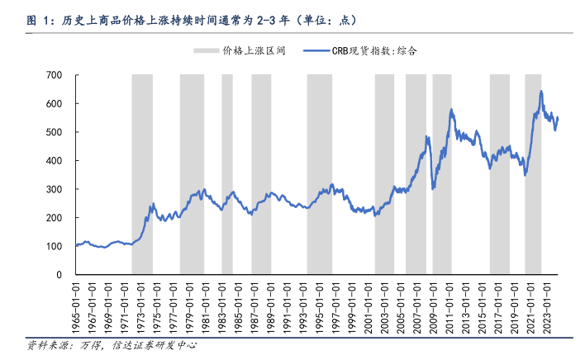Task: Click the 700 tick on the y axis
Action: (x=54, y=75)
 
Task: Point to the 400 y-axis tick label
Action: (x=54, y=161)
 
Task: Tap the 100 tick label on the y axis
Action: (x=54, y=246)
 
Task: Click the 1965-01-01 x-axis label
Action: (x=76, y=305)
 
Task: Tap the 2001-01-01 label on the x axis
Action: (x=368, y=305)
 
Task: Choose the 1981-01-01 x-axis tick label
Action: (x=206, y=305)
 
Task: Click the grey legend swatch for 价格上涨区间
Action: (x=205, y=50)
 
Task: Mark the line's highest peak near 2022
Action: (x=541, y=92)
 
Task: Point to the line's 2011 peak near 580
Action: (x=451, y=110)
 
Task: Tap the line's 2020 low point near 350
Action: (x=524, y=174)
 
